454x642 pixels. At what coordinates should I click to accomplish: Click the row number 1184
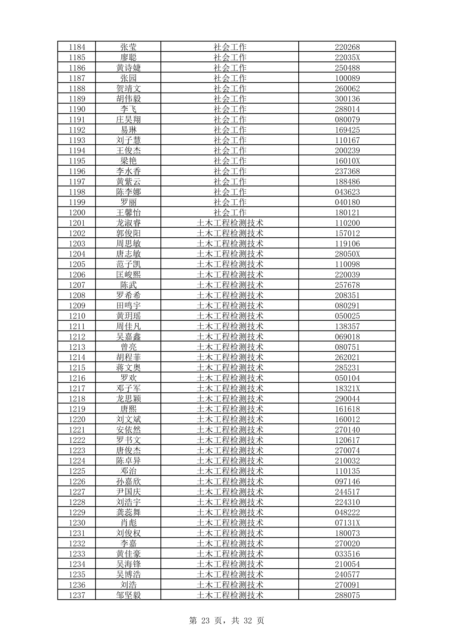[77, 47]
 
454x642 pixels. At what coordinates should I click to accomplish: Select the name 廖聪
[128, 57]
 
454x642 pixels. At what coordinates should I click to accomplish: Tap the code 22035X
[347, 57]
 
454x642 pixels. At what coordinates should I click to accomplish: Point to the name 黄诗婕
[128, 67]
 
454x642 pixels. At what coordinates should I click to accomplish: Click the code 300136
[347, 99]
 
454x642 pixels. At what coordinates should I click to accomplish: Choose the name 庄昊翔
[128, 119]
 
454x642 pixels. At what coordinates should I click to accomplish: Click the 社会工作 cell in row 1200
[230, 212]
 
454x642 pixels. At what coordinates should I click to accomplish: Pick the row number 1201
[77, 223]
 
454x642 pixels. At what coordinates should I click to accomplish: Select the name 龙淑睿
[128, 223]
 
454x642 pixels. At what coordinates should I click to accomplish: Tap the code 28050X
[347, 254]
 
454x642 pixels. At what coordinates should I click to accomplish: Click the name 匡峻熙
[128, 274]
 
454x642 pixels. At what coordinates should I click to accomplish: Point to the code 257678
[347, 284]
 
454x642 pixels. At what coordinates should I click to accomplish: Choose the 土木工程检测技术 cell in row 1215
[230, 367]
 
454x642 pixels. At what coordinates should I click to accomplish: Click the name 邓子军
[128, 388]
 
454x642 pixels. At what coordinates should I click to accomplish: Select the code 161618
[347, 409]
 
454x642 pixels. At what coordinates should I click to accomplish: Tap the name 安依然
[128, 430]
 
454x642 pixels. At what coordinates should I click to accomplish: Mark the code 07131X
[347, 522]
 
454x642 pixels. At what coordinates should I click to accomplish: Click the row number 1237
[77, 595]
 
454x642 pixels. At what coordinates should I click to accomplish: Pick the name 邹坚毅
[128, 595]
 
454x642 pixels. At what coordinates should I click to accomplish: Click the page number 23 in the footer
[205, 620]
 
